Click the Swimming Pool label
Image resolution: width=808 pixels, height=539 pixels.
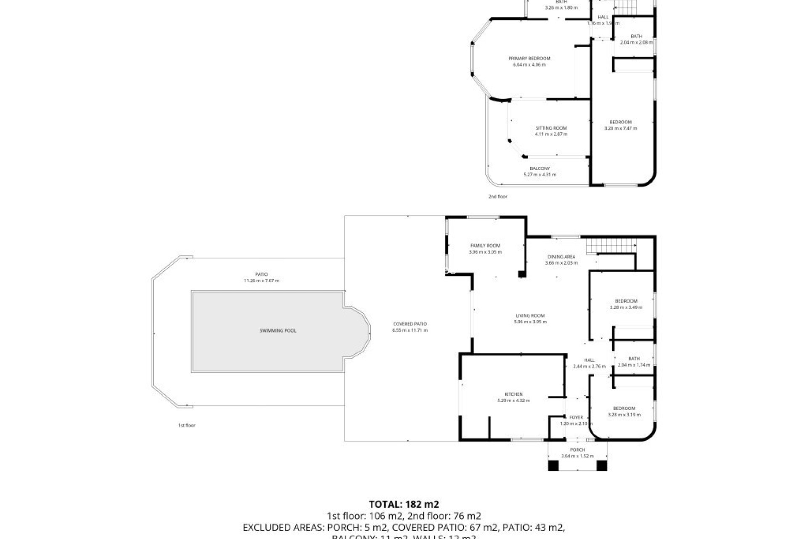[278, 331]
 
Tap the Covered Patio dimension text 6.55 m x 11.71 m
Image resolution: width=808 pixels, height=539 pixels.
[410, 330]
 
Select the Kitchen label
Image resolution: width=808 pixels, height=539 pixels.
[513, 394]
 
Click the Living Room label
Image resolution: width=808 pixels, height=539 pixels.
[530, 315]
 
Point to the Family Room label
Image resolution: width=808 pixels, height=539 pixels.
[485, 245]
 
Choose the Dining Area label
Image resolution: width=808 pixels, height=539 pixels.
[561, 256]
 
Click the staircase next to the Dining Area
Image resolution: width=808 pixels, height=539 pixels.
[611, 245]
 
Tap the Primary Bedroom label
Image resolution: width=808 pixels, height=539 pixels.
[529, 59]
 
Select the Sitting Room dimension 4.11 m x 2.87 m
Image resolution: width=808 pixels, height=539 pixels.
[551, 134]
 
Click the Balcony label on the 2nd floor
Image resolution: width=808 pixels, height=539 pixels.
[540, 168]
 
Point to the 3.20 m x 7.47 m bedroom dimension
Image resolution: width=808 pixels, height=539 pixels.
[621, 128]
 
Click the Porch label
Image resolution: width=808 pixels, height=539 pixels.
[577, 450]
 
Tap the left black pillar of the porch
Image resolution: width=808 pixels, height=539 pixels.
[553, 465]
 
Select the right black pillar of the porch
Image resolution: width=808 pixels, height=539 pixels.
[602, 465]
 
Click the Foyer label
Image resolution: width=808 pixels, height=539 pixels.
[576, 417]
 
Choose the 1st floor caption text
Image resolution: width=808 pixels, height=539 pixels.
[187, 425]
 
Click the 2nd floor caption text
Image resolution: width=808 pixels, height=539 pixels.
[498, 197]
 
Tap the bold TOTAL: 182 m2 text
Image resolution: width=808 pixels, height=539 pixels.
[404, 504]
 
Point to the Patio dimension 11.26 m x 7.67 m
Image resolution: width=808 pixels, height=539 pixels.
[261, 281]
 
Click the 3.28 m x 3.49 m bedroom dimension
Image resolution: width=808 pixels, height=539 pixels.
[626, 307]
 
